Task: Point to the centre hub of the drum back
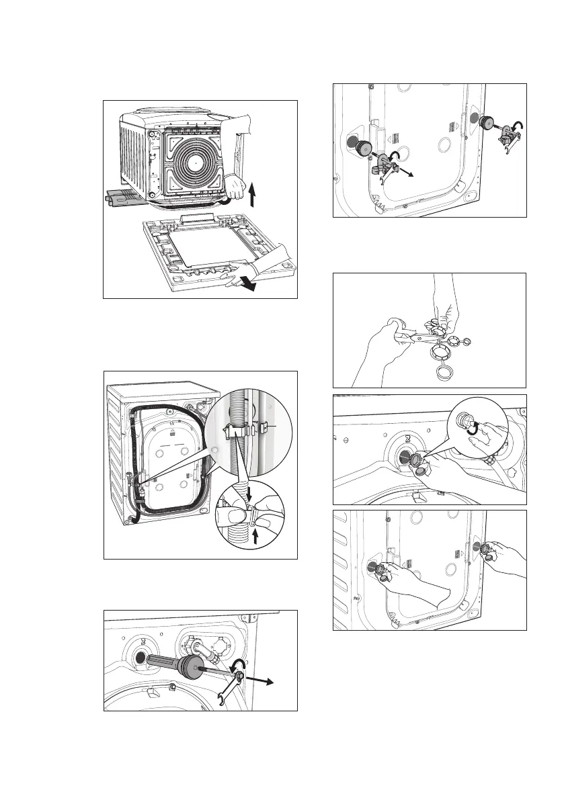tap(194, 162)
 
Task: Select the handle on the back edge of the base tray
tap(200, 218)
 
